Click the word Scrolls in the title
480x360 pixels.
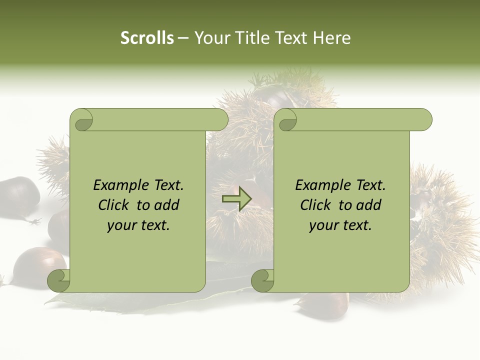pos(147,38)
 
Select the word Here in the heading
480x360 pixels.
pos(331,38)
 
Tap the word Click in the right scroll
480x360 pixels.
pos(317,205)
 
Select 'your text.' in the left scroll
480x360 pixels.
pos(138,225)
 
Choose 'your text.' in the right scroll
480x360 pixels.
pos(340,225)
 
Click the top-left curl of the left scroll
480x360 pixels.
pos(81,120)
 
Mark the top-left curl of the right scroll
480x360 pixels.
pos(285,120)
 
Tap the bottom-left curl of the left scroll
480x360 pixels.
pos(59,280)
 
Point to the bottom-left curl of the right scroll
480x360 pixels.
pos(262,280)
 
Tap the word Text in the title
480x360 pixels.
pos(291,38)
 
